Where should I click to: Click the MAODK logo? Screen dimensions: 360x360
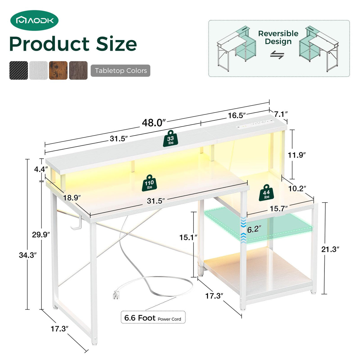(x=34, y=20)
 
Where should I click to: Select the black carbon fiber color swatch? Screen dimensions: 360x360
(x=18, y=71)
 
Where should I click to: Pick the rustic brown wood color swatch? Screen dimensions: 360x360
(x=58, y=71)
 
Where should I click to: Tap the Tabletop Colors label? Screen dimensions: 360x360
(x=120, y=71)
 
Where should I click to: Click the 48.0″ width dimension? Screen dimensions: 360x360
(x=153, y=122)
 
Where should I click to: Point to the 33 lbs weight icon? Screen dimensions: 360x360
(x=171, y=139)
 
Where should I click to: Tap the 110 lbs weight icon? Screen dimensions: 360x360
(x=149, y=183)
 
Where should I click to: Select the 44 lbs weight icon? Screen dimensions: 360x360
(x=266, y=193)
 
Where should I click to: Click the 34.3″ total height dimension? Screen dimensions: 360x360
(x=28, y=255)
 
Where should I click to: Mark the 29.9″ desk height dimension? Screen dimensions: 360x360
(x=41, y=234)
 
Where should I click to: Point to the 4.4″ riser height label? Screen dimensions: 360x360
(x=41, y=169)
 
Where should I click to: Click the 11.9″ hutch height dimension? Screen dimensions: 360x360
(x=297, y=155)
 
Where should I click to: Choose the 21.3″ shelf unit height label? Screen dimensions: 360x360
(x=330, y=249)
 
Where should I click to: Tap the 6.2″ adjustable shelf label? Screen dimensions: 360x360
(x=254, y=229)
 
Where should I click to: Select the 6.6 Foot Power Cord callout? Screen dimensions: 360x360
(x=153, y=318)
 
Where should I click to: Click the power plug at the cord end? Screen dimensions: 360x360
(x=116, y=294)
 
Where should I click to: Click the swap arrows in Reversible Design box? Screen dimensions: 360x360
(x=277, y=55)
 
